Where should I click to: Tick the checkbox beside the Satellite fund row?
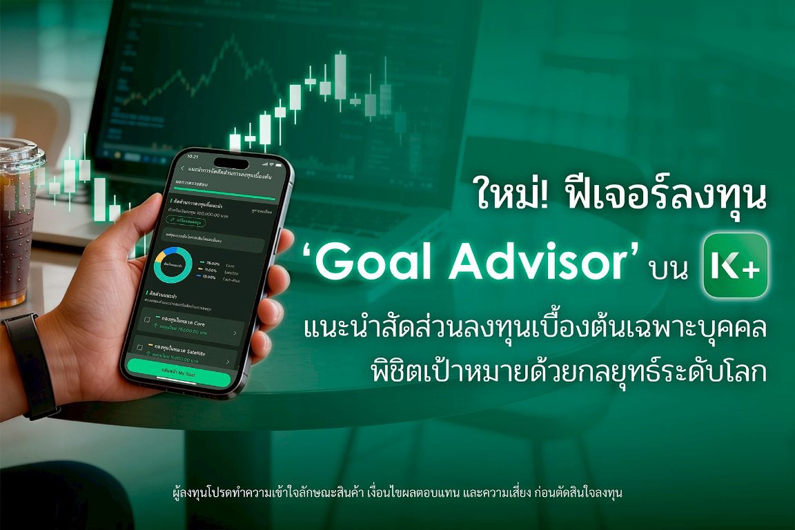(x=139, y=346)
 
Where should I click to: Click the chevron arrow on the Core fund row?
(x=236, y=333)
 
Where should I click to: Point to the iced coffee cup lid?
(x=19, y=153)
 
